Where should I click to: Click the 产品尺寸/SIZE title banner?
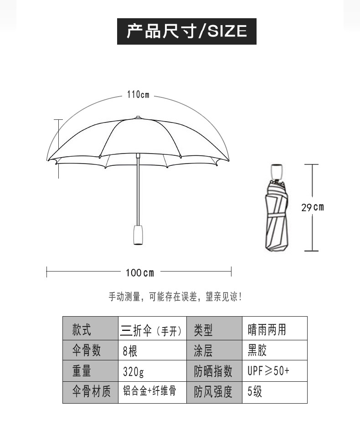click(186, 31)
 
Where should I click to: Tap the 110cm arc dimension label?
click(138, 95)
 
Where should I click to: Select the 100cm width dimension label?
click(140, 273)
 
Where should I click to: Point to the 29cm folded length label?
click(312, 207)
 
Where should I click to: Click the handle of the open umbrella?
click(138, 234)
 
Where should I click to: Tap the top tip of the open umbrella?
click(138, 117)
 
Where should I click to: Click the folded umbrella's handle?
click(276, 171)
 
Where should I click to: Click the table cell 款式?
click(90, 329)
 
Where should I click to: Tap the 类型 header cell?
click(214, 329)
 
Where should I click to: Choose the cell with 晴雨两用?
click(274, 329)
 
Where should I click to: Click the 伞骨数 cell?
click(90, 350)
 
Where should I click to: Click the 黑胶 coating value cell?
click(274, 350)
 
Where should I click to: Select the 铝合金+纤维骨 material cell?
click(152, 391)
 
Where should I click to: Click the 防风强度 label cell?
click(214, 392)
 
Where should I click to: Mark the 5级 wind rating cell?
click(274, 392)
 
